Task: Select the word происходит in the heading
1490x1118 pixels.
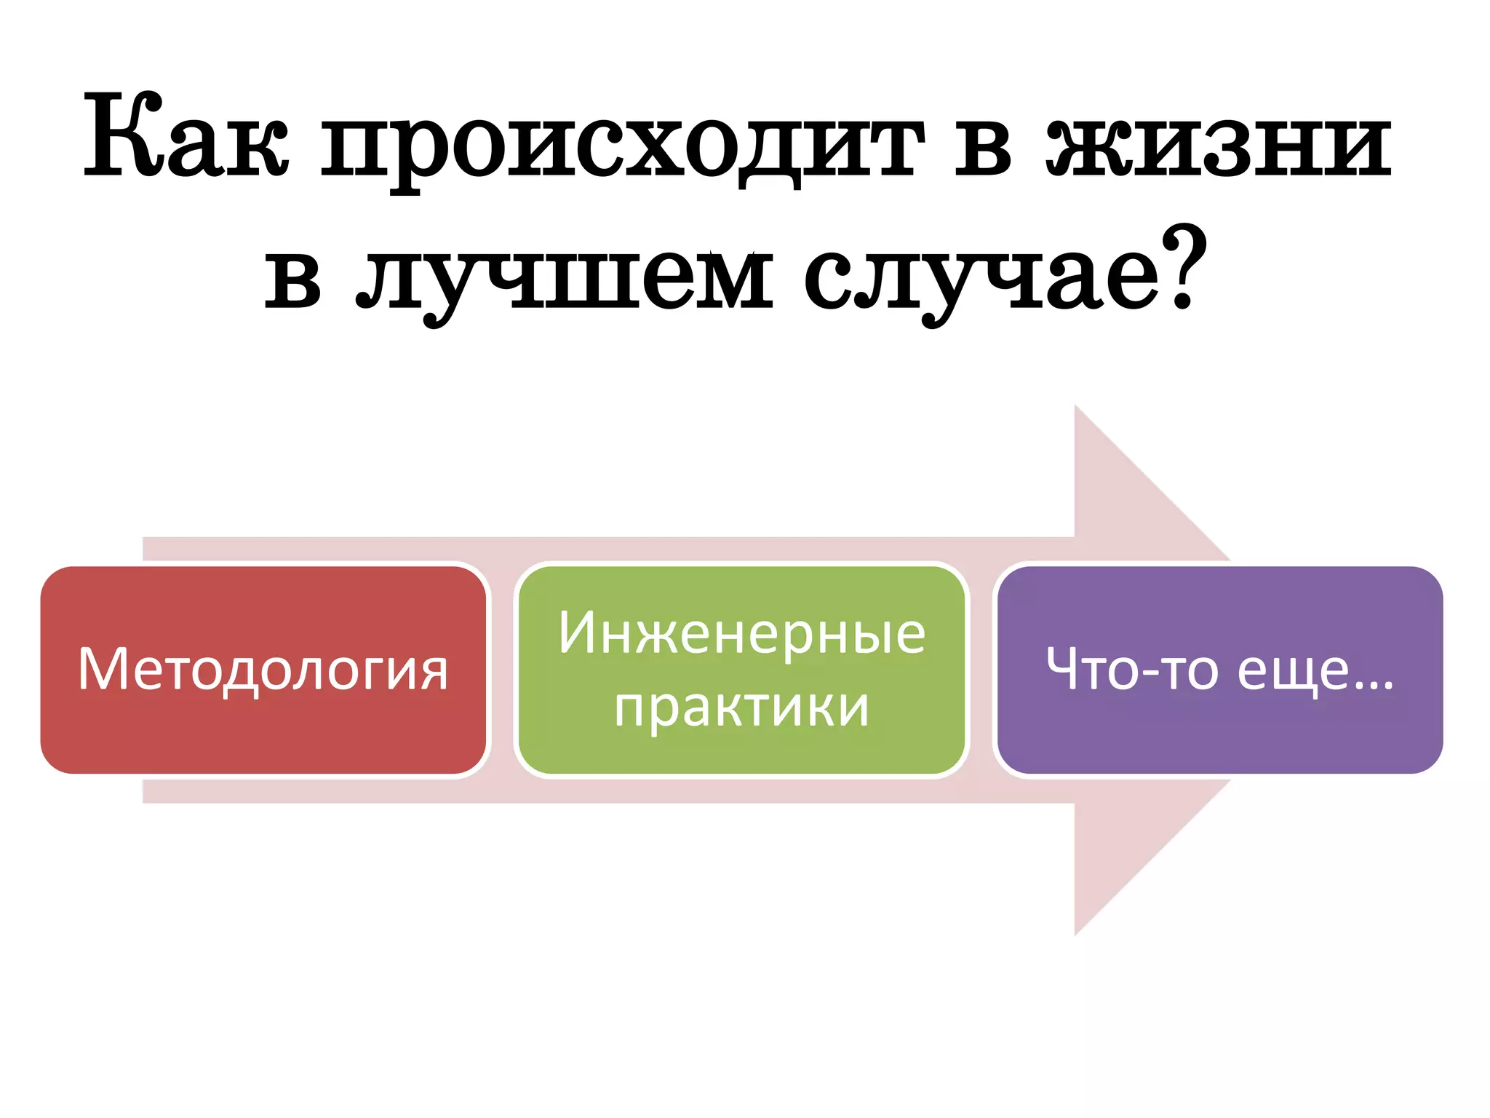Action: pos(623,142)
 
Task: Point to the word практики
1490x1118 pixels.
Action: pos(741,707)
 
